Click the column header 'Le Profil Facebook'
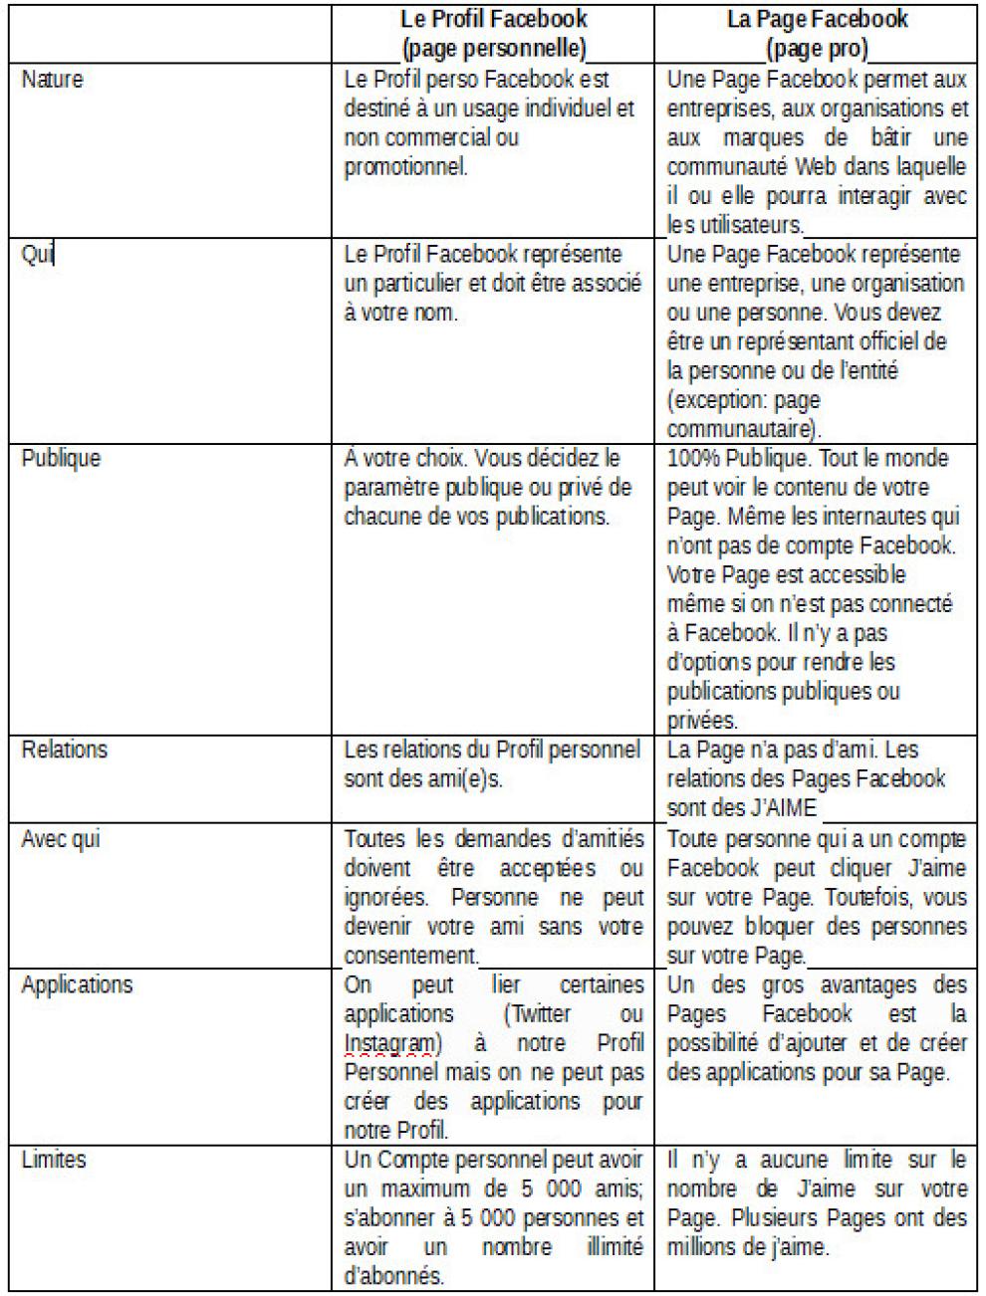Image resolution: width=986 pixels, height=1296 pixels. point(493,19)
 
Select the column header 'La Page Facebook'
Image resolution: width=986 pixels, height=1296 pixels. point(817,19)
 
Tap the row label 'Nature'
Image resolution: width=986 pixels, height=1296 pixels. point(52,80)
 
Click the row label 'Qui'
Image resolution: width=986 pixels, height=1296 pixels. point(37,254)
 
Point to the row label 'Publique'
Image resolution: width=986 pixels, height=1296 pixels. point(61,459)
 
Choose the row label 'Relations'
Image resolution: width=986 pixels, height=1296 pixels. point(64,750)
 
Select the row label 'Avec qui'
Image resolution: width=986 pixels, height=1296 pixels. point(61,839)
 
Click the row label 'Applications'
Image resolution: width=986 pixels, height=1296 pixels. point(77,985)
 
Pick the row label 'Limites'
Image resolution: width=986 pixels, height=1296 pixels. point(54,1160)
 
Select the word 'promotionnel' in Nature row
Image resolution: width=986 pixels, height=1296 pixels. point(405,166)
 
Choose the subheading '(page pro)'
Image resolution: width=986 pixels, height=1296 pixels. point(817,48)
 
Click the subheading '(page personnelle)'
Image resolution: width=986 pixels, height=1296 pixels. point(493,48)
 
